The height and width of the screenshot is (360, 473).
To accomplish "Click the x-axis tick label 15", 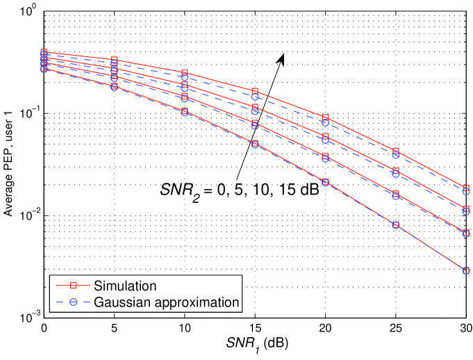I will (254, 327).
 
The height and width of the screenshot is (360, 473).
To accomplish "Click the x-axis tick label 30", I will (465, 327).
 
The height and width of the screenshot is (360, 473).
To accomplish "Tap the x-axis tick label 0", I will (44, 327).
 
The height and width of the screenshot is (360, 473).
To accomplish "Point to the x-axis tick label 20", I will (324, 327).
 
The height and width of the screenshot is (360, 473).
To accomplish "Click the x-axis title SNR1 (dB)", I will (255, 344).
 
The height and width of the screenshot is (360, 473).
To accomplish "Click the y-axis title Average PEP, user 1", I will (9, 165).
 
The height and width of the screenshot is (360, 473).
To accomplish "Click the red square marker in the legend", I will (73, 285).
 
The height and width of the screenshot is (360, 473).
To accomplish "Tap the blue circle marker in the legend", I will (73, 302).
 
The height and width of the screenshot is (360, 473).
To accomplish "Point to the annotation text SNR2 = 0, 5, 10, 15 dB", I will (236, 189).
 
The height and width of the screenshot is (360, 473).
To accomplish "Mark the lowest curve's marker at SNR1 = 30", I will (465, 270).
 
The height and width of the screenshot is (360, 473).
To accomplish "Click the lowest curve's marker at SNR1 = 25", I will (395, 225).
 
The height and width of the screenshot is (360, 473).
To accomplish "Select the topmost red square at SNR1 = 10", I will (184, 73).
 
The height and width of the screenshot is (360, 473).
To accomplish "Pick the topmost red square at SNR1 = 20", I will (325, 117).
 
